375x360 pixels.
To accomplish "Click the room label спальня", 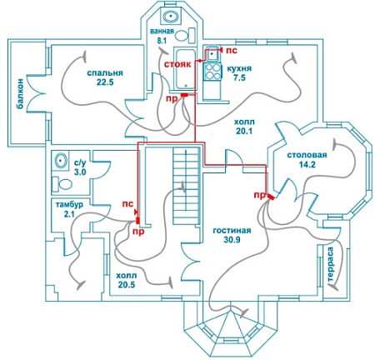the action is [x=105, y=73].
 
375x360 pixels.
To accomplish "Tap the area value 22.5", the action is [x=105, y=82].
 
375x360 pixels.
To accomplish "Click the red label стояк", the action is [x=177, y=64].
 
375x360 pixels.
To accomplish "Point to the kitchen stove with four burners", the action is [x=212, y=72].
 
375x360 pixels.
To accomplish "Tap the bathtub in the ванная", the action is [x=184, y=68].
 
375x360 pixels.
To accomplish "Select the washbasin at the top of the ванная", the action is [x=171, y=17].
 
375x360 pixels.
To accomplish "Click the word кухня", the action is [x=239, y=68].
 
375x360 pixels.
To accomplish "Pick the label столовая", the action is [x=307, y=155].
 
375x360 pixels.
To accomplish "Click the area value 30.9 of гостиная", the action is [x=232, y=239].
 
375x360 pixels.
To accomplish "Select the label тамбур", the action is [x=69, y=205].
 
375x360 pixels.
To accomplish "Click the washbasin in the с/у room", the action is [x=60, y=161].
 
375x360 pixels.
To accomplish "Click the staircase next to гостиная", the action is [x=187, y=186].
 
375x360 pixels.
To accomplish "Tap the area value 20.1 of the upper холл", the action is [x=244, y=132].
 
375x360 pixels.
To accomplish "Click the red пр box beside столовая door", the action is [x=270, y=197].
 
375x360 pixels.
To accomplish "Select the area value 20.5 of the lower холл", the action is [x=127, y=285].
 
